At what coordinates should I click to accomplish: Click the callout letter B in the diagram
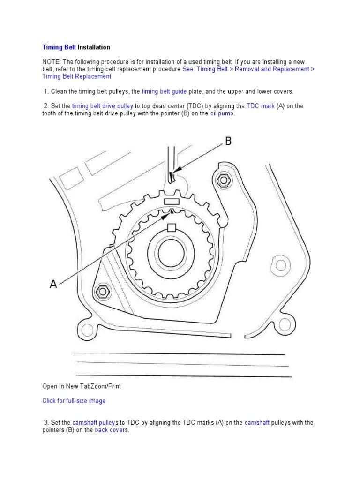[x=228, y=141]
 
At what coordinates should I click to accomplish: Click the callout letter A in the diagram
[x=53, y=284]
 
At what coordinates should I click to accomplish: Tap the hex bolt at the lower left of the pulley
[x=101, y=292]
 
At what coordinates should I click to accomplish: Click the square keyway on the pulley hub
[x=172, y=228]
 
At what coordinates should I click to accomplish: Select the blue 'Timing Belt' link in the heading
[x=59, y=47]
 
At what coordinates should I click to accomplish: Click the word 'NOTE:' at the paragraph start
[x=52, y=62]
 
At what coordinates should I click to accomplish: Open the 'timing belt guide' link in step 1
[x=164, y=91]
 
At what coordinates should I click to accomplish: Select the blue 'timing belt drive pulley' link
[x=103, y=106]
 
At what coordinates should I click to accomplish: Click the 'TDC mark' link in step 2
[x=261, y=106]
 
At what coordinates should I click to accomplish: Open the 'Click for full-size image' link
[x=74, y=401]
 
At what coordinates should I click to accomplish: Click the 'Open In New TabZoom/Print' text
[x=84, y=386]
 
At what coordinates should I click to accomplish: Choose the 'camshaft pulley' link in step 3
[x=94, y=423]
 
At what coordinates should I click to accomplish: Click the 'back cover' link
[x=109, y=430]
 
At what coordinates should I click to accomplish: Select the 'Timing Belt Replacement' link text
[x=77, y=76]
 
